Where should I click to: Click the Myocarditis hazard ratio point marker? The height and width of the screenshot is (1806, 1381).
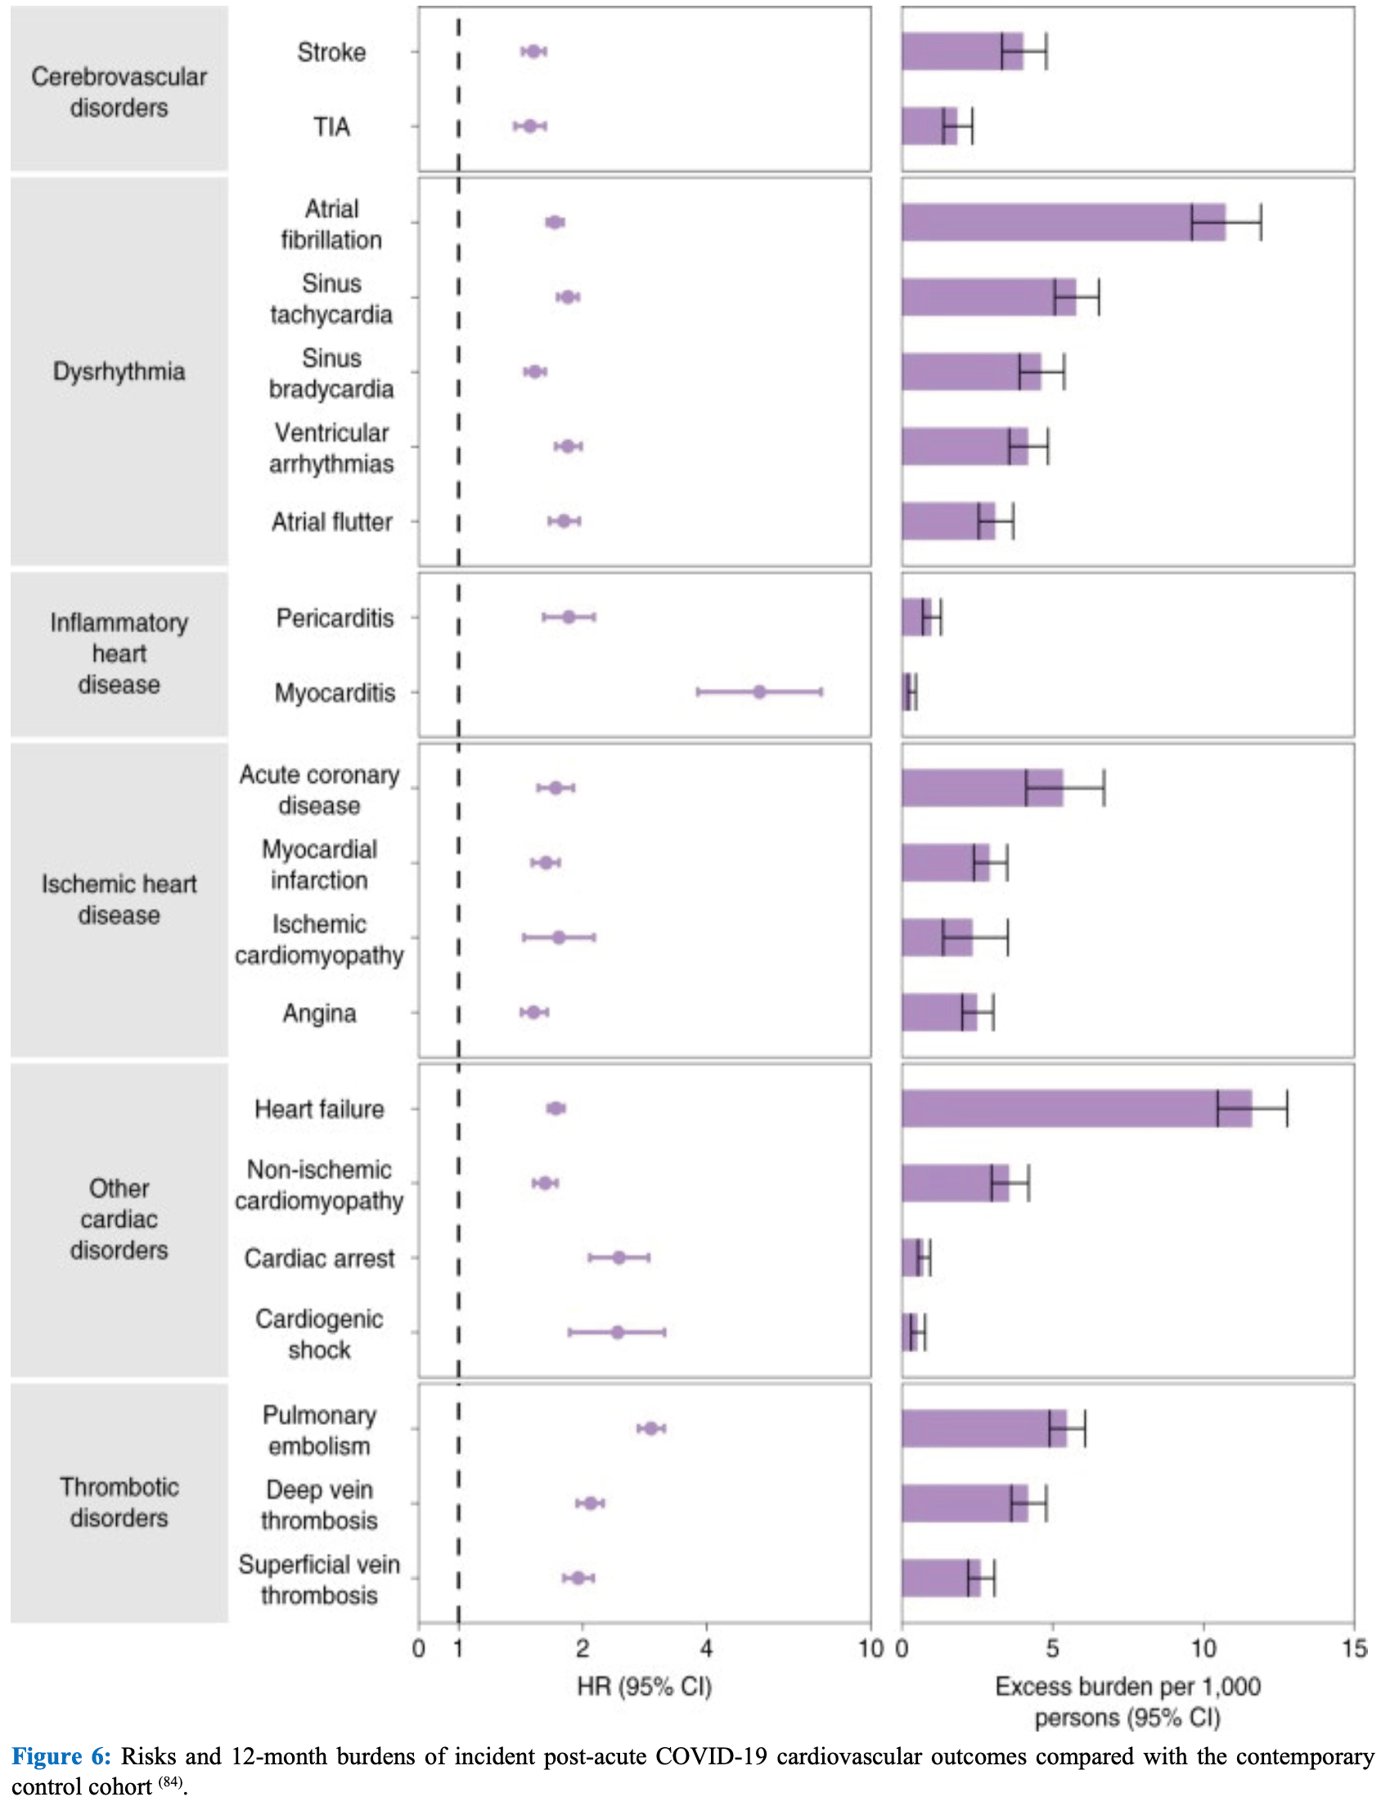tap(758, 692)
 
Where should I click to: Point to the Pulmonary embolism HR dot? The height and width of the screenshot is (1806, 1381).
tap(651, 1428)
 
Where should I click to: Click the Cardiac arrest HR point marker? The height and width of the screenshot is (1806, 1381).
tap(619, 1257)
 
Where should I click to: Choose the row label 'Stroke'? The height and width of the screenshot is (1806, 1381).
tap(331, 52)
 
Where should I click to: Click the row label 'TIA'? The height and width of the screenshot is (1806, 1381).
tap(331, 127)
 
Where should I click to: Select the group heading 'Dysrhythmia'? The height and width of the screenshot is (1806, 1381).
tap(119, 371)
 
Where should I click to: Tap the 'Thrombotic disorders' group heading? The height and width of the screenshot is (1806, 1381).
tap(119, 1502)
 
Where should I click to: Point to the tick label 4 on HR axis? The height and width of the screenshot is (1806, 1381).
tap(706, 1647)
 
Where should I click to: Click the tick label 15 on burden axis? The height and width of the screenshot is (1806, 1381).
tap(1353, 1647)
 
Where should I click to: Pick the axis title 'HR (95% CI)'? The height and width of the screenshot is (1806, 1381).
tap(644, 1686)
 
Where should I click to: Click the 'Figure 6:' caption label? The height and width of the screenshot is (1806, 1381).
tap(61, 1756)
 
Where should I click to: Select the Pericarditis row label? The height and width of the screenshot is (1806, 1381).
tap(335, 618)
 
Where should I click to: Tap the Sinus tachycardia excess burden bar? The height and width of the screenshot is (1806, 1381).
tap(988, 297)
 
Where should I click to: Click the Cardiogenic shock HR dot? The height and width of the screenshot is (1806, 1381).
tap(618, 1332)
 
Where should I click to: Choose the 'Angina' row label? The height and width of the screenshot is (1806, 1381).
tap(319, 1013)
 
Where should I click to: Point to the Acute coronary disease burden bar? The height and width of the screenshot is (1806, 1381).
tap(982, 787)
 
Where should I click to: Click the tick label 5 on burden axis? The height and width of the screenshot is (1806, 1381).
tap(1052, 1647)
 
